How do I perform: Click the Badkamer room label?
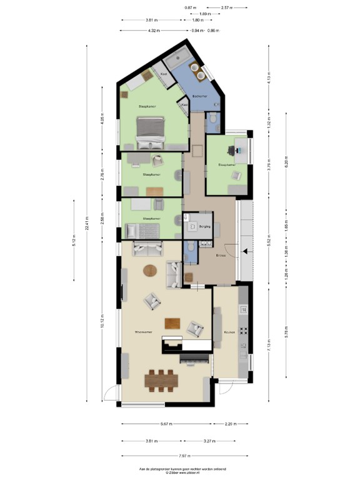coord(200,96)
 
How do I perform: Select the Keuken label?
coord(229,332)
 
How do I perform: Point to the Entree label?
coord(221,256)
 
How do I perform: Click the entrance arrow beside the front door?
coord(246,251)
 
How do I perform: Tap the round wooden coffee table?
coord(151,271)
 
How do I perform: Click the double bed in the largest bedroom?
coord(152,131)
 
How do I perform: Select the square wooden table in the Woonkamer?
coord(172,323)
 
